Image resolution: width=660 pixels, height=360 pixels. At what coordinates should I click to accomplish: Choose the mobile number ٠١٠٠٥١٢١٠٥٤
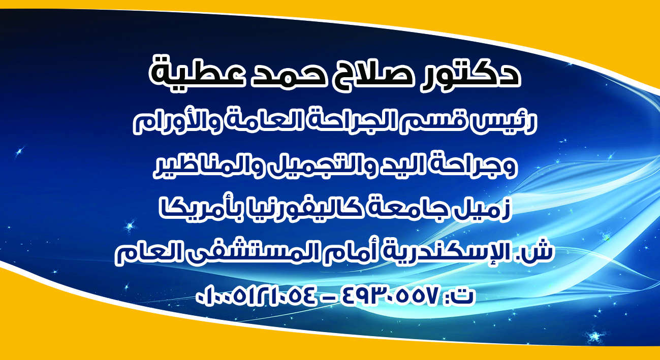point(257,296)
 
